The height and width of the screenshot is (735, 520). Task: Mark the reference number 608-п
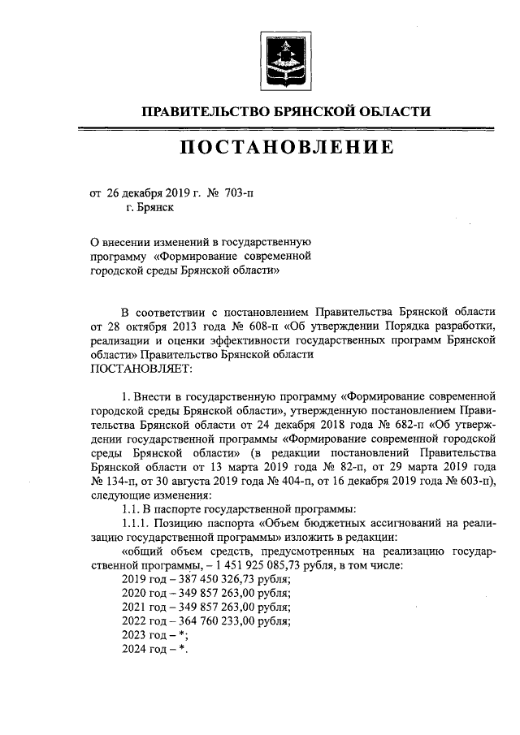click(236, 326)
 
